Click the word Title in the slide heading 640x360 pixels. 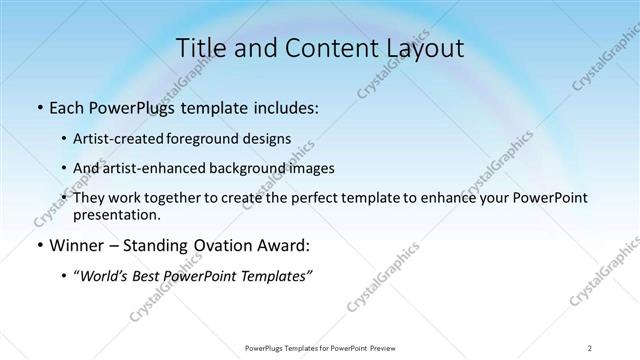199,48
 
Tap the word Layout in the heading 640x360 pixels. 424,48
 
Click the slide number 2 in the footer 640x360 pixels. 590,347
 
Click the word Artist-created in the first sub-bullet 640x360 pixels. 120,138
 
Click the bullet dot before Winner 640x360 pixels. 38,245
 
